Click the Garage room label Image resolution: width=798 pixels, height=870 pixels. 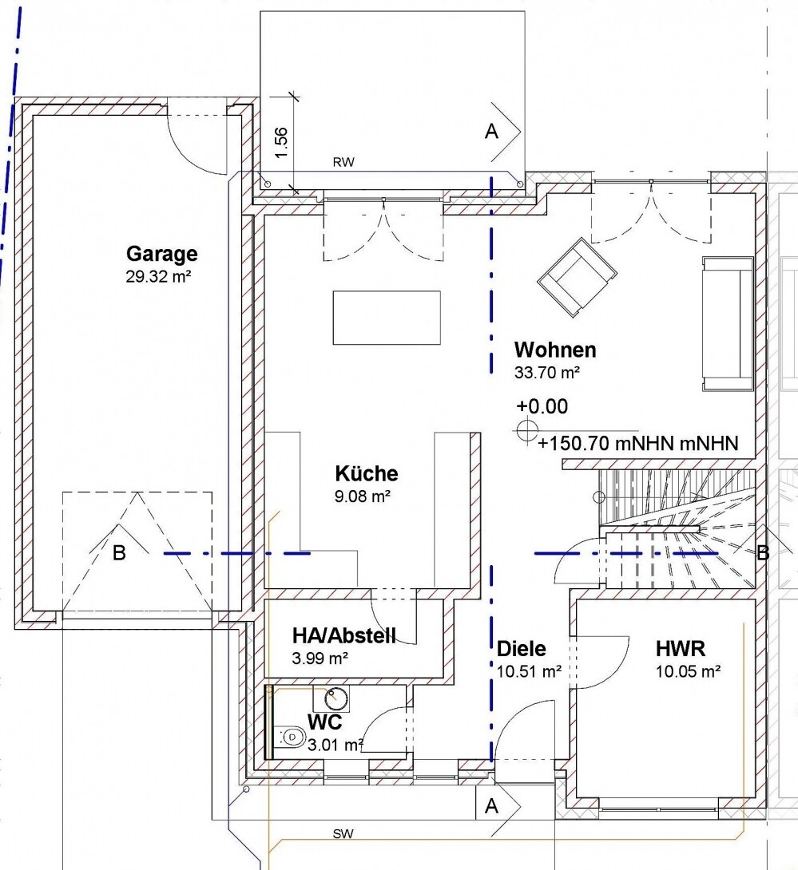(x=161, y=254)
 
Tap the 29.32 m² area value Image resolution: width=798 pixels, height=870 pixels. (x=158, y=276)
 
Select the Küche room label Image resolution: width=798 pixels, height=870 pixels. (x=367, y=474)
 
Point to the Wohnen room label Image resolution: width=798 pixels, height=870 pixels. (x=555, y=350)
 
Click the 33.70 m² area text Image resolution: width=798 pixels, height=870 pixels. (x=547, y=372)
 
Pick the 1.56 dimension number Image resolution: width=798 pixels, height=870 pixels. (x=281, y=143)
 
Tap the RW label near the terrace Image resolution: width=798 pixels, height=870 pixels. (x=343, y=163)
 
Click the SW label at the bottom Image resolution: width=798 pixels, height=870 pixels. (x=343, y=834)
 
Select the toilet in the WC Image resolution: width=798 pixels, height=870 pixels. (x=290, y=737)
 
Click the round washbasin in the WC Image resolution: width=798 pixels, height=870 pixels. (x=335, y=698)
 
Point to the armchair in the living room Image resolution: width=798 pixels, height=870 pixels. (x=577, y=277)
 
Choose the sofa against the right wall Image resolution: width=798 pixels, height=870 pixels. (x=728, y=323)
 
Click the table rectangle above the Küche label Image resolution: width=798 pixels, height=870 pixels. (x=387, y=318)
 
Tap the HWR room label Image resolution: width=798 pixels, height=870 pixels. (x=681, y=649)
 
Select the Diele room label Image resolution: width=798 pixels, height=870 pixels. (x=521, y=649)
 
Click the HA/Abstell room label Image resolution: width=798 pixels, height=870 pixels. (x=344, y=635)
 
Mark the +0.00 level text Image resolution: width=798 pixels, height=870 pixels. (x=542, y=407)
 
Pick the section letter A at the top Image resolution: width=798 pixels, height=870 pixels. (x=491, y=132)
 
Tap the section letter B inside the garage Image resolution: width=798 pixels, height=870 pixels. (x=119, y=552)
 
